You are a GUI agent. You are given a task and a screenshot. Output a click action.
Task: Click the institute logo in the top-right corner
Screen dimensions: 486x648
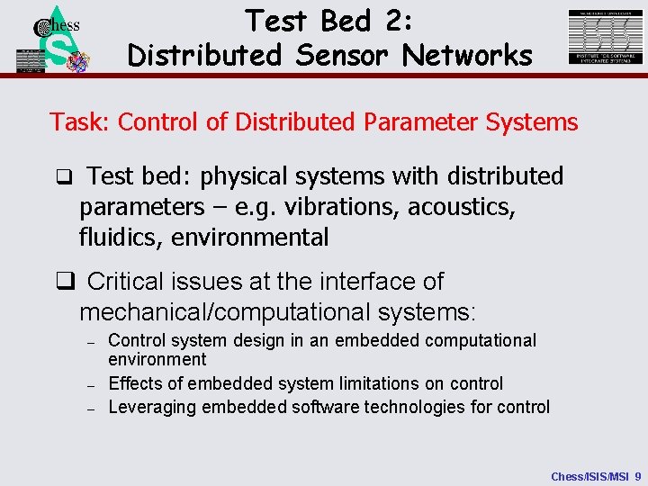coord(606,37)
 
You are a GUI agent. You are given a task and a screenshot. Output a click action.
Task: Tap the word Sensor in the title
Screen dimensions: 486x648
coord(343,55)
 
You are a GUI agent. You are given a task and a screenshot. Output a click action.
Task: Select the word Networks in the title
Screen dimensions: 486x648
coord(468,55)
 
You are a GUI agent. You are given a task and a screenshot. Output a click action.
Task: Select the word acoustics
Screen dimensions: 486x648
coord(462,207)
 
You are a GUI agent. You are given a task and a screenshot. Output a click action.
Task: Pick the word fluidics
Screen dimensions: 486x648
coord(116,238)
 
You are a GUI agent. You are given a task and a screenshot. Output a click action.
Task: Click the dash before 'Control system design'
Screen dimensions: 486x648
coord(91,343)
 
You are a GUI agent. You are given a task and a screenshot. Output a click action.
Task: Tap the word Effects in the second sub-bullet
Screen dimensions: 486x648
coord(135,383)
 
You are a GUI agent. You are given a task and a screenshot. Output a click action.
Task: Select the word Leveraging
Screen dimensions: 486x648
coord(152,407)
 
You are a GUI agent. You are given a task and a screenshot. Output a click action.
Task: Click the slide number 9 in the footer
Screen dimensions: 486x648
coord(637,475)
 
